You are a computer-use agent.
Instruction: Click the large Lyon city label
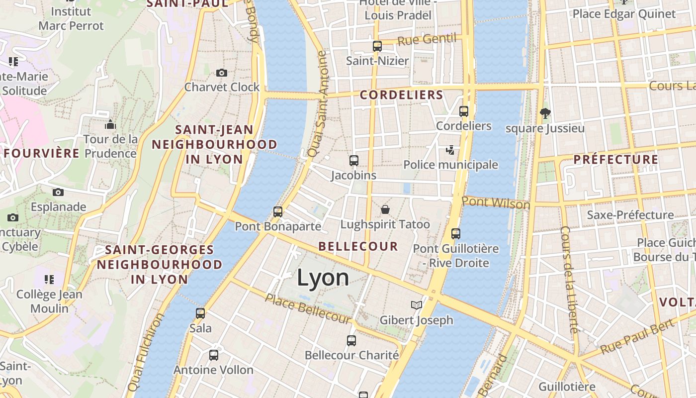coord(323,278)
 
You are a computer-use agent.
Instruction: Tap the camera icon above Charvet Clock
coord(222,73)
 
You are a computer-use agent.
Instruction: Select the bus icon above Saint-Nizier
coord(377,46)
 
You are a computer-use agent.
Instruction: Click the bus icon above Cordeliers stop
coord(464,111)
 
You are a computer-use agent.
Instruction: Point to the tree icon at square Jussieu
coord(545,113)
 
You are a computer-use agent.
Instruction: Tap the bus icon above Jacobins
coord(354,161)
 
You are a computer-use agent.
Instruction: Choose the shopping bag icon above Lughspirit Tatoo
coord(385,209)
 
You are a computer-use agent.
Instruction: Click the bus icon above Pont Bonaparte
coord(278,212)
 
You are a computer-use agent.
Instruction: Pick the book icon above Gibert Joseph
coord(417,305)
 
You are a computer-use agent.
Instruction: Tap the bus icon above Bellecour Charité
coord(351,341)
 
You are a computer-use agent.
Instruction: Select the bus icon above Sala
coord(200,313)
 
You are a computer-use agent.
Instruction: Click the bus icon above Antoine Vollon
coord(214,355)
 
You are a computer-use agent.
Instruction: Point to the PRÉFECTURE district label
coord(615,160)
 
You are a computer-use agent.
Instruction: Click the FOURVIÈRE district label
coord(42,153)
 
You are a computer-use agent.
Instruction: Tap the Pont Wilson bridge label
coord(496,203)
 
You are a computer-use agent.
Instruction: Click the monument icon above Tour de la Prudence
coord(110,124)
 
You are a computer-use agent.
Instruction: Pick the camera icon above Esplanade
coord(58,192)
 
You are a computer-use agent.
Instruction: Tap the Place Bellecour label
coord(308,308)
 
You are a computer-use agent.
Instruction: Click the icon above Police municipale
coord(450,150)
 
